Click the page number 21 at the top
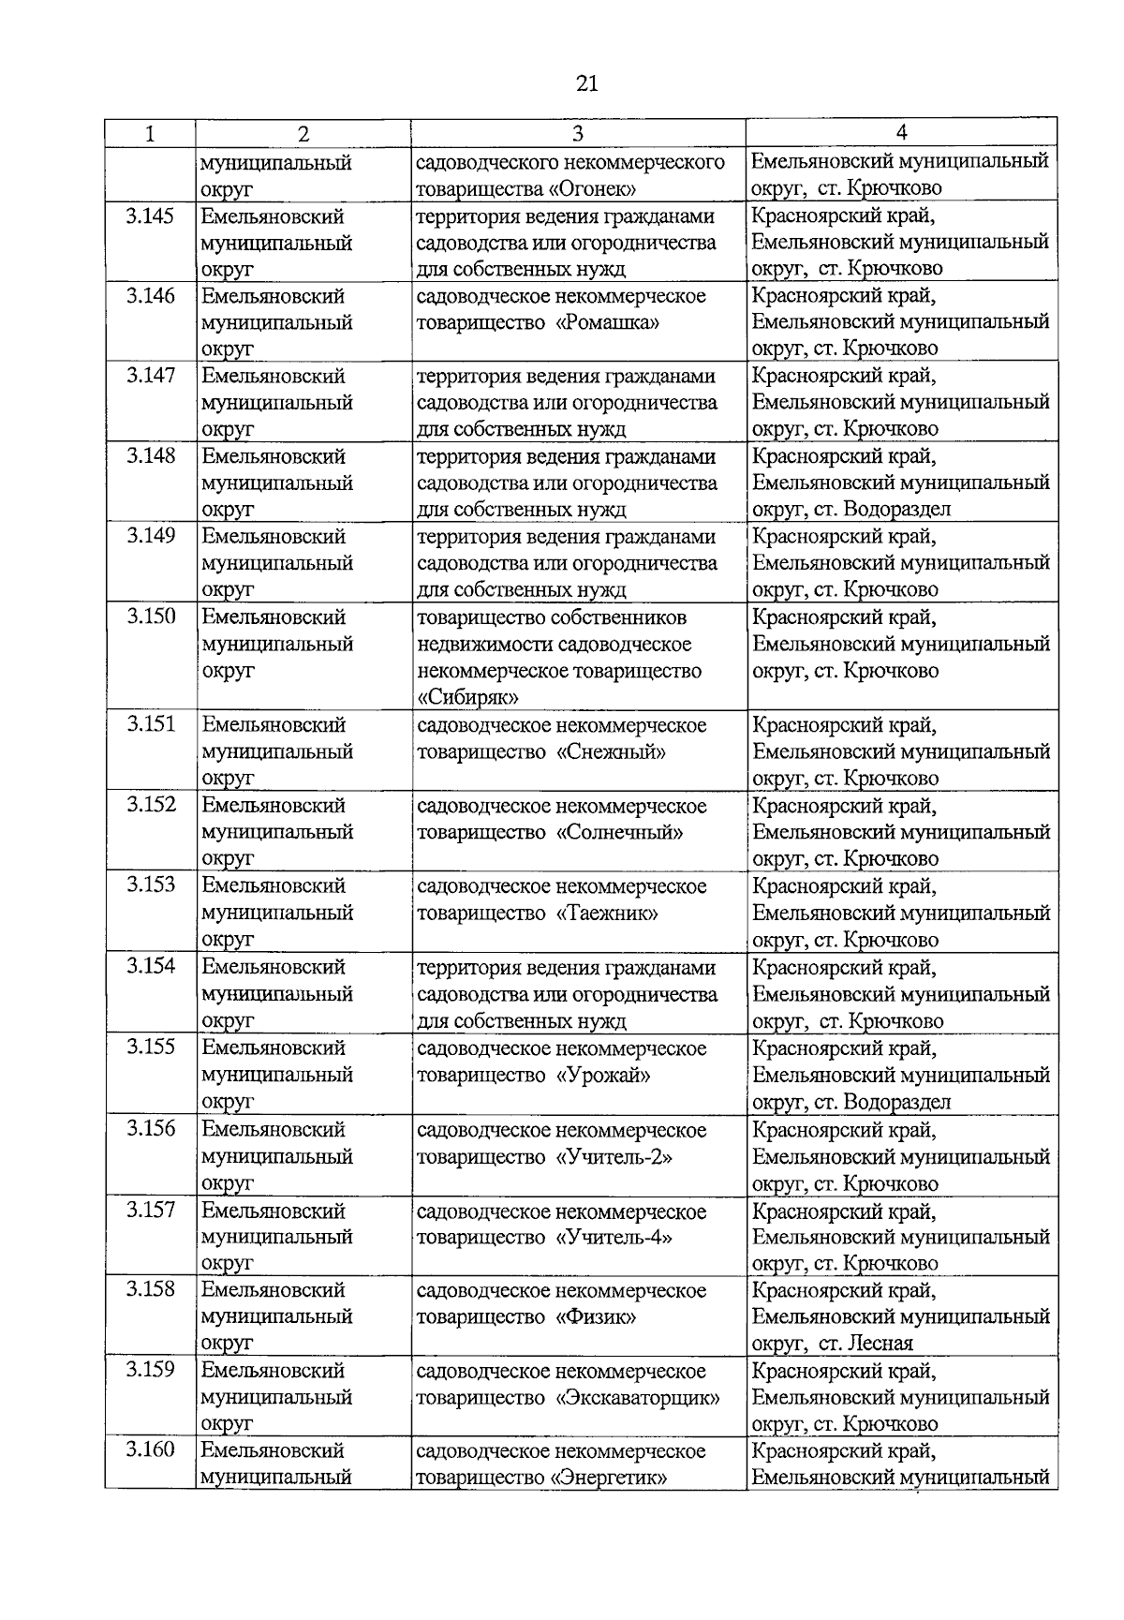tap(586, 84)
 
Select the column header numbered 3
tap(578, 133)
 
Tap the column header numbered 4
tap(901, 133)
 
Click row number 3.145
tap(151, 216)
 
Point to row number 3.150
tap(151, 617)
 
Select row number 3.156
tap(151, 1129)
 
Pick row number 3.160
tap(151, 1450)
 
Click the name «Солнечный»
tap(620, 833)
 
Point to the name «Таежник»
tap(607, 914)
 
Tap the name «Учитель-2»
tap(614, 1157)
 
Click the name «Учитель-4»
tap(614, 1238)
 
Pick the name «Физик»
tap(597, 1317)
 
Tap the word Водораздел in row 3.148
tap(897, 510)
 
